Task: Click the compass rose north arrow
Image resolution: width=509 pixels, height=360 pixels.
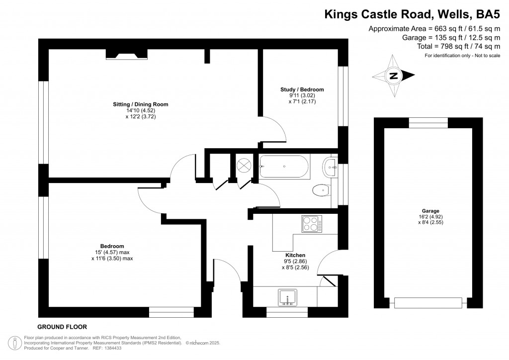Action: click(394, 76)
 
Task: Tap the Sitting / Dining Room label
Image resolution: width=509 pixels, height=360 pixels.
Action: click(140, 104)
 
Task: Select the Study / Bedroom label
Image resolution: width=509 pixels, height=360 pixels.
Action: click(302, 90)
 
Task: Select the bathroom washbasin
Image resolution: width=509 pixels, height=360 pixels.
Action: click(330, 167)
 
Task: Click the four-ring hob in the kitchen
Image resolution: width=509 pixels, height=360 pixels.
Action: click(312, 224)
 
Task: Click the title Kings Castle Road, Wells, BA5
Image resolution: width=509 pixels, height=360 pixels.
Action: click(412, 14)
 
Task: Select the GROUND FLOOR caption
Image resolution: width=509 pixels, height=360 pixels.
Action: click(62, 327)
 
